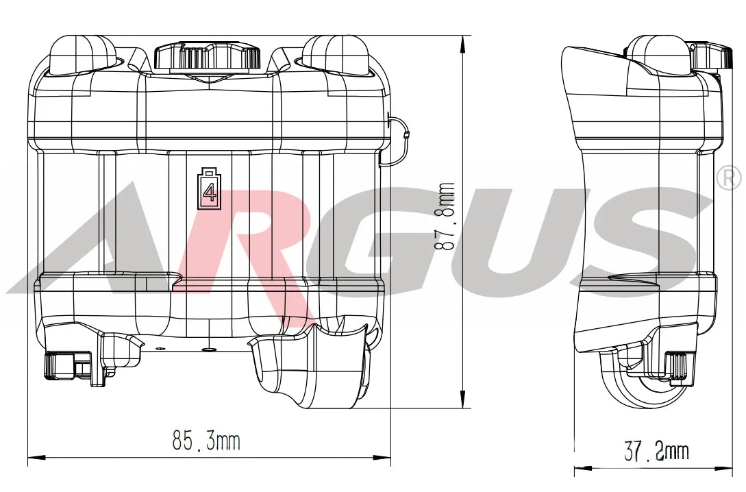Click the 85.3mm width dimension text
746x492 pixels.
tap(206, 441)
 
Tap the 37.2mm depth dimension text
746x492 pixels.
tap(656, 452)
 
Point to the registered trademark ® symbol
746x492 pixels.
tap(728, 178)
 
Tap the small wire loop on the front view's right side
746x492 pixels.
tap(399, 140)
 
